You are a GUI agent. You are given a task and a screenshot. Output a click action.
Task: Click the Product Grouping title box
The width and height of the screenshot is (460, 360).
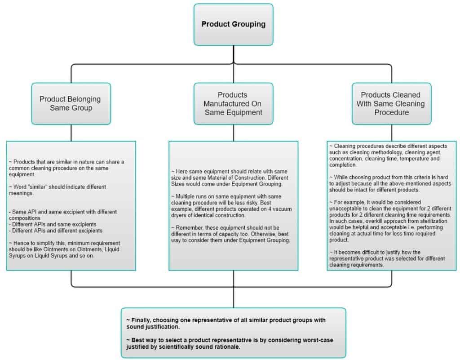click(x=233, y=25)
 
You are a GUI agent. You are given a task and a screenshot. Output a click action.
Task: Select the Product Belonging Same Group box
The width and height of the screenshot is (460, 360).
click(x=71, y=103)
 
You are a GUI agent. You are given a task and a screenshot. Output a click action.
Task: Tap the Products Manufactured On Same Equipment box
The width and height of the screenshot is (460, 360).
click(x=233, y=103)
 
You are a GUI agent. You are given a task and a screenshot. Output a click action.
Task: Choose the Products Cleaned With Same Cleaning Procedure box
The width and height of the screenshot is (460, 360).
click(x=391, y=103)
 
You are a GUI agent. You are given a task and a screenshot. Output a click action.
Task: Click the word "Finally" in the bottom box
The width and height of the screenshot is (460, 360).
click(x=141, y=320)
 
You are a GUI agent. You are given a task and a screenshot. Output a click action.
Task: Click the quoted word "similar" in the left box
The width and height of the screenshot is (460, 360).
click(x=38, y=187)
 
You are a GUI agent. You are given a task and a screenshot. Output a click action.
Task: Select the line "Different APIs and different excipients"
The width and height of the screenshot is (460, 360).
click(x=56, y=231)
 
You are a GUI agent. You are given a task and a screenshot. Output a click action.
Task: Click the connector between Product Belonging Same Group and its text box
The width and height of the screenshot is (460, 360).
click(x=71, y=133)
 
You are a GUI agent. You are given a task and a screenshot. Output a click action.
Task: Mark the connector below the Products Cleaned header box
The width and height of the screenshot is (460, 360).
click(x=392, y=133)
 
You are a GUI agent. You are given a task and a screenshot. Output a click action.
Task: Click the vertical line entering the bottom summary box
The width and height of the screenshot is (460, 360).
click(x=234, y=298)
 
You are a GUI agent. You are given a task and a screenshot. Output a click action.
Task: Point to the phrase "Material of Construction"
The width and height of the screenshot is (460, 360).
click(x=237, y=178)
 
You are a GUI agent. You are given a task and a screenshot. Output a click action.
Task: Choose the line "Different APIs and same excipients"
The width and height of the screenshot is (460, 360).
click(x=53, y=224)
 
